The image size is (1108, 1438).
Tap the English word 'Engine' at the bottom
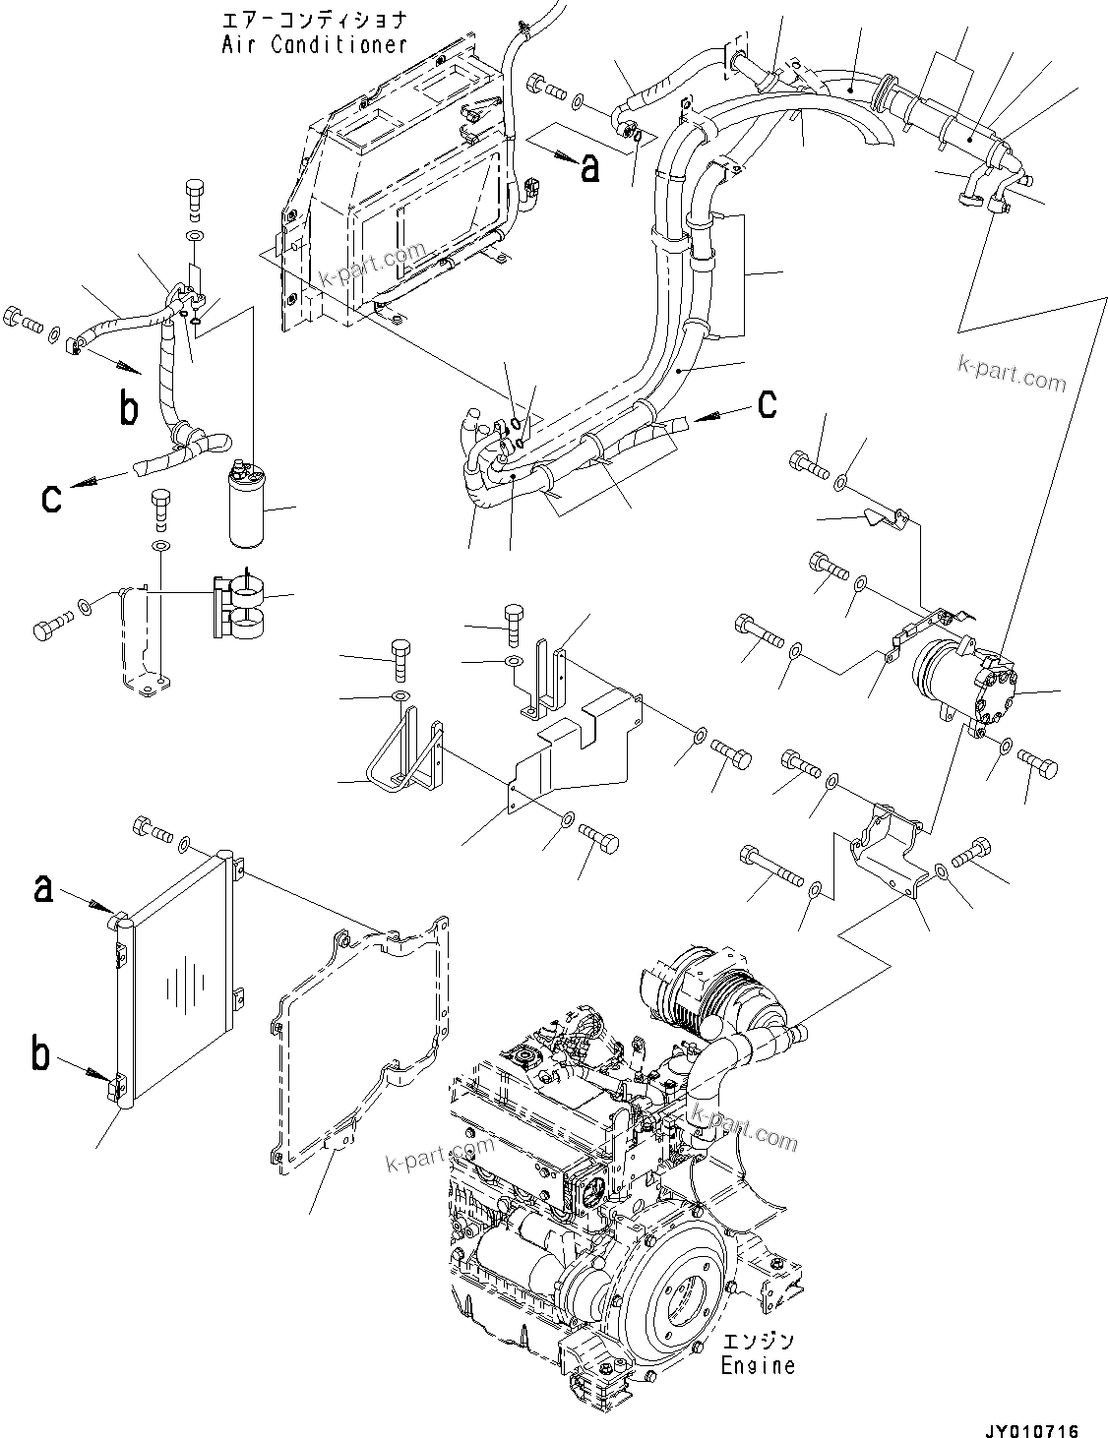pyautogui.click(x=757, y=1365)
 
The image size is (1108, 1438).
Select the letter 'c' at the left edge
pyautogui.click(x=51, y=497)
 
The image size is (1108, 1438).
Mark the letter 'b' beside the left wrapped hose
pyautogui.click(x=129, y=408)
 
